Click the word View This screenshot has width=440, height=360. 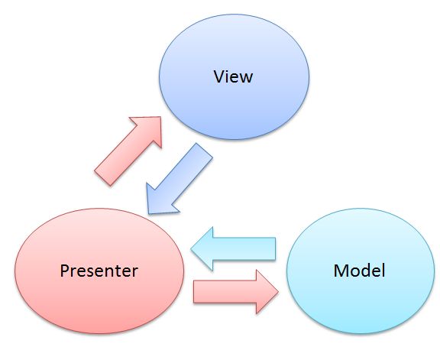(233, 76)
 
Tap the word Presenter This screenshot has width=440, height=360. (99, 271)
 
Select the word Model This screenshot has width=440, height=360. (359, 271)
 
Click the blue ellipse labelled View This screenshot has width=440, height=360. (234, 76)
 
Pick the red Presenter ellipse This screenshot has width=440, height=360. (99, 271)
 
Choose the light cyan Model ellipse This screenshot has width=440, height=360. (361, 271)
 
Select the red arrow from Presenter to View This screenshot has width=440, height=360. (129, 151)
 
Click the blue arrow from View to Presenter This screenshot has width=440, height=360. (179, 179)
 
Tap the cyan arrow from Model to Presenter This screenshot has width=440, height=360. (233, 249)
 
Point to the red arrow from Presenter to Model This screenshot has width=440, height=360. (236, 292)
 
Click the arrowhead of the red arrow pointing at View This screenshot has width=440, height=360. (150, 128)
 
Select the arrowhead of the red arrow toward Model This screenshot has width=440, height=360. (266, 292)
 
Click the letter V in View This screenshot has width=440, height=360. (219, 76)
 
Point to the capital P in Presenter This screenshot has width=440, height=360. (65, 271)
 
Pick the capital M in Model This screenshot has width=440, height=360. (341, 271)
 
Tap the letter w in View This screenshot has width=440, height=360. (245, 79)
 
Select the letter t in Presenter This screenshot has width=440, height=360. (119, 272)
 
